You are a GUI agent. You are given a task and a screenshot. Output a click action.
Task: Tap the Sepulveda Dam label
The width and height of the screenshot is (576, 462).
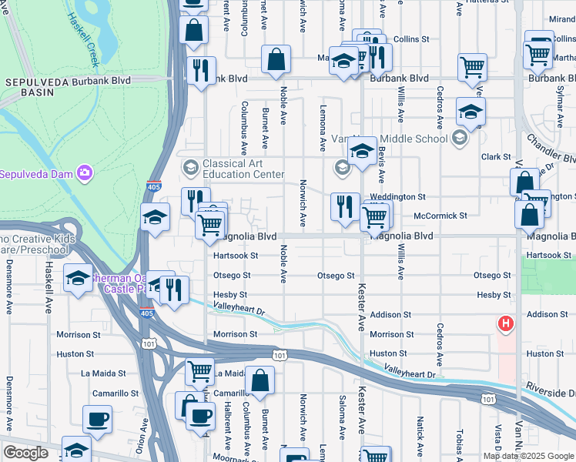point(37,173)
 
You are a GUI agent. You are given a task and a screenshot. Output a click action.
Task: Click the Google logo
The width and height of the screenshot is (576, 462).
point(25,453)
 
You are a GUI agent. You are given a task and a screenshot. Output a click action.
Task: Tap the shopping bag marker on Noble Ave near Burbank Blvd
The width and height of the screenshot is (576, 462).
point(276,59)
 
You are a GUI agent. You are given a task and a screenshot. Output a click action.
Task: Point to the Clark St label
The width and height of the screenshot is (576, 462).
point(496,157)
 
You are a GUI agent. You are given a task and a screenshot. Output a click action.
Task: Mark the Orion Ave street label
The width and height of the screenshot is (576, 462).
point(144,435)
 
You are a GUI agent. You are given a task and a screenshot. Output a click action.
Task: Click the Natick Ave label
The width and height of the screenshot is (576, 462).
point(420,435)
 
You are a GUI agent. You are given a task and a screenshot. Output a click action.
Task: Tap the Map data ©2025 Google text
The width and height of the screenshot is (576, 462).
point(528,456)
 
